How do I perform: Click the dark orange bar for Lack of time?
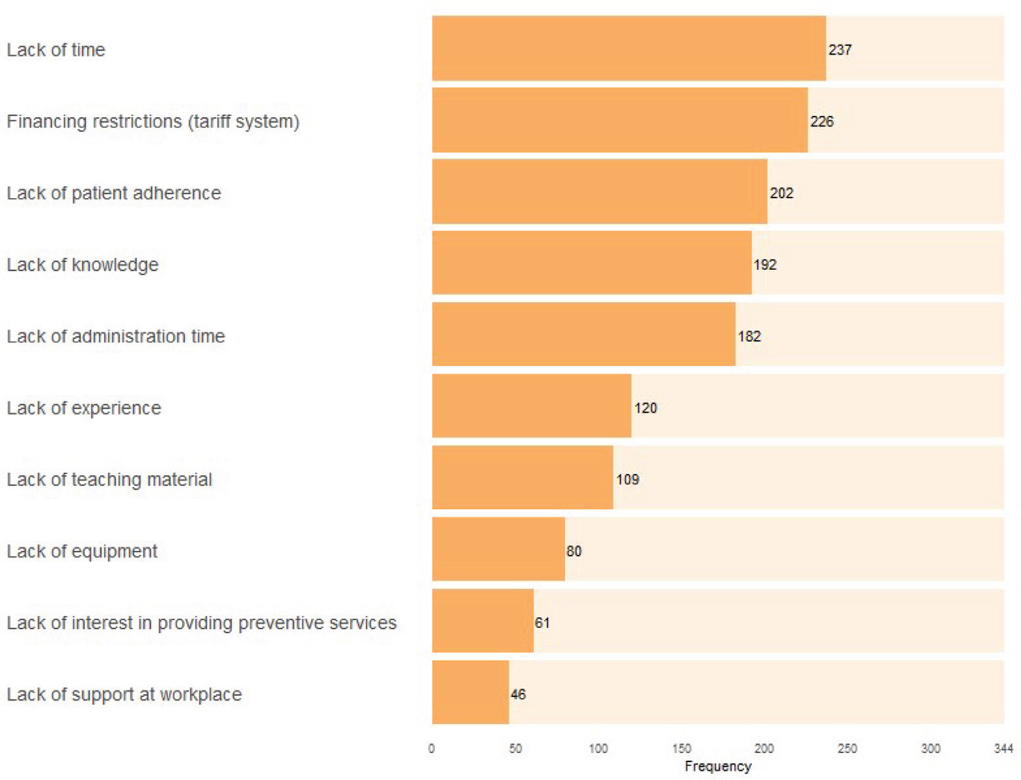628,49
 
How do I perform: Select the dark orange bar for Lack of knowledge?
591,263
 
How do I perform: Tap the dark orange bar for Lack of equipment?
498,549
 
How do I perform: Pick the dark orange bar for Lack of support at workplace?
470,692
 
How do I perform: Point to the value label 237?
840,50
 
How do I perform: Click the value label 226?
822,122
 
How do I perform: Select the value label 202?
782,194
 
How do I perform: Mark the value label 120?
645,408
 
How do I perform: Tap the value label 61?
542,623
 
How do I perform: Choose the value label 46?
518,694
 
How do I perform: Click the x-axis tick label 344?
1003,748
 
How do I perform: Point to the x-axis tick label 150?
682,748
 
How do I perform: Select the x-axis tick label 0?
432,748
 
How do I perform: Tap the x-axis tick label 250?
847,748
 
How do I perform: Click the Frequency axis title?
718,766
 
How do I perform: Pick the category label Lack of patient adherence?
114,193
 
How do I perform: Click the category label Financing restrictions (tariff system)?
153,122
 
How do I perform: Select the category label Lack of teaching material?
109,479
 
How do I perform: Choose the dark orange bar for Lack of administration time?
584,334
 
